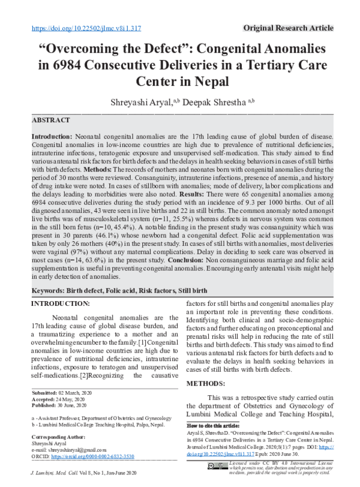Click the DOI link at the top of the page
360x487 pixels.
point(85,28)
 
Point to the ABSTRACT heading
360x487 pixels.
point(52,120)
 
